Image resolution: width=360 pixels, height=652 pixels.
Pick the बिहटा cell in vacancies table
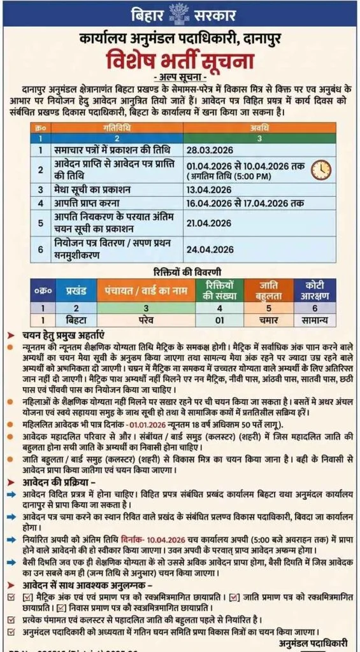coord(75,320)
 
